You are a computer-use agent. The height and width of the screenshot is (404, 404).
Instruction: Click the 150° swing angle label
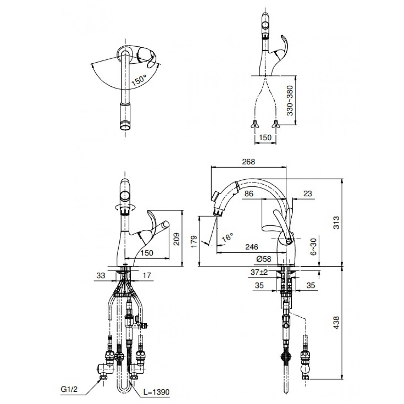pos(139,80)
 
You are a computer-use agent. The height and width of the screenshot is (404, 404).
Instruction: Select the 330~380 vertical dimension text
pos(290,100)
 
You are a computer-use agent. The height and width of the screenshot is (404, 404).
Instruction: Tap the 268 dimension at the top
pos(248,162)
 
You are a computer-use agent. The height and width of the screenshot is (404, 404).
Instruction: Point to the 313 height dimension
pos(337,223)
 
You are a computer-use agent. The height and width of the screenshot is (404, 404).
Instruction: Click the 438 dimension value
pos(337,322)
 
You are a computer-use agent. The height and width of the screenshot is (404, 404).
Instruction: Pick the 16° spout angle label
pos(227,237)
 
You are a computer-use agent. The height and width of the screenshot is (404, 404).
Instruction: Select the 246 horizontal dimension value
pos(251,247)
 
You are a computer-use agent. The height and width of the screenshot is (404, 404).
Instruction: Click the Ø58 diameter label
pos(264,259)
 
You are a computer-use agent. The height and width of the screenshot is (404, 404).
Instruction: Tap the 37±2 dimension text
pos(259,272)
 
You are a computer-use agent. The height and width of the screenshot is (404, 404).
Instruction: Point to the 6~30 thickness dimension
pos(314,247)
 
